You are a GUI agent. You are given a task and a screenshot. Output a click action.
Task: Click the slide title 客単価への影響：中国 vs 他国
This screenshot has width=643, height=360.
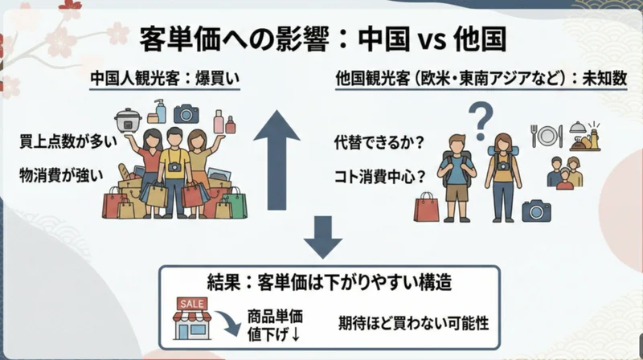coord(321,38)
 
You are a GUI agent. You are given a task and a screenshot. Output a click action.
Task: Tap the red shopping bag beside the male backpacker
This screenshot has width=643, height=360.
coord(427,207)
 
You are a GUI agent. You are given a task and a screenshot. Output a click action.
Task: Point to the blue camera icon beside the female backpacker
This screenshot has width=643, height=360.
coord(536,211)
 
